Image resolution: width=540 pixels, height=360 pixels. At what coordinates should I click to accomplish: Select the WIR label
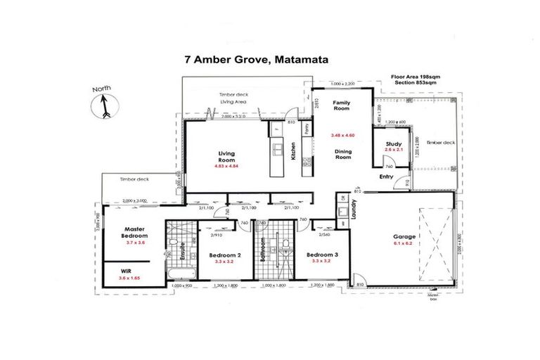tap(126, 269)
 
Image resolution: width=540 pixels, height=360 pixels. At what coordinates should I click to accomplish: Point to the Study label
tap(393, 143)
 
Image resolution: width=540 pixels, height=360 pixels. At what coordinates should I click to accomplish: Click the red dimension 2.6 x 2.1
tap(393, 150)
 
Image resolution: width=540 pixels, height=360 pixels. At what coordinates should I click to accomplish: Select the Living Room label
tap(226, 156)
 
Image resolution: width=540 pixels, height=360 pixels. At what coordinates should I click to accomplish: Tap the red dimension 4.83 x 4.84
tap(226, 167)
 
